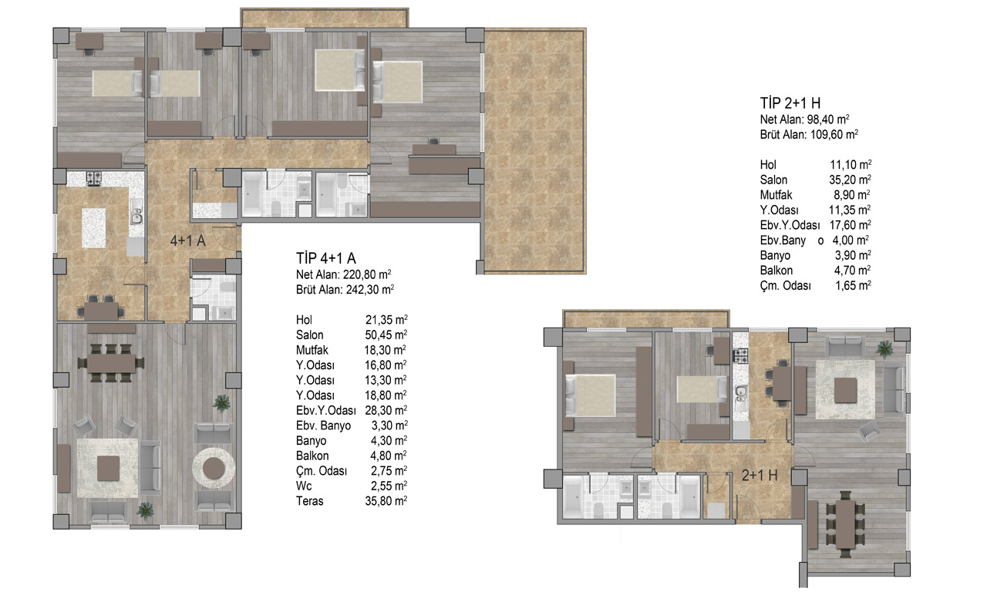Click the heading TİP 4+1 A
coord(325,258)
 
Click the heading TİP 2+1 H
coord(790,103)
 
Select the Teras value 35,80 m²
coord(386,501)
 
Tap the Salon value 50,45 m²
coord(386,335)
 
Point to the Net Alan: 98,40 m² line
coord(804,119)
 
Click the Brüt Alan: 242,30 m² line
coord(345,289)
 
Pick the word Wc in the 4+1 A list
coord(304,486)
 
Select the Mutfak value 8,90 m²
coord(852,195)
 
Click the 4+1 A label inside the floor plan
coord(188,240)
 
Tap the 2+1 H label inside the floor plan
coord(760,476)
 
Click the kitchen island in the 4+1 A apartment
coord(94,228)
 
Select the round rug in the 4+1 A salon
coord(214,468)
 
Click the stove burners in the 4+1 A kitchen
coord(94,178)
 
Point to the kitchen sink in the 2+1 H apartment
coord(741,390)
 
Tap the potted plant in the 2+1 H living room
coord(884,349)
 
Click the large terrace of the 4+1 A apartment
coord(535,150)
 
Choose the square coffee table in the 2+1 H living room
coord(846,390)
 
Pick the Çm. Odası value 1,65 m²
coord(853,285)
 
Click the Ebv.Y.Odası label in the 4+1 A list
coord(326,411)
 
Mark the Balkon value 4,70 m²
coord(852,270)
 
